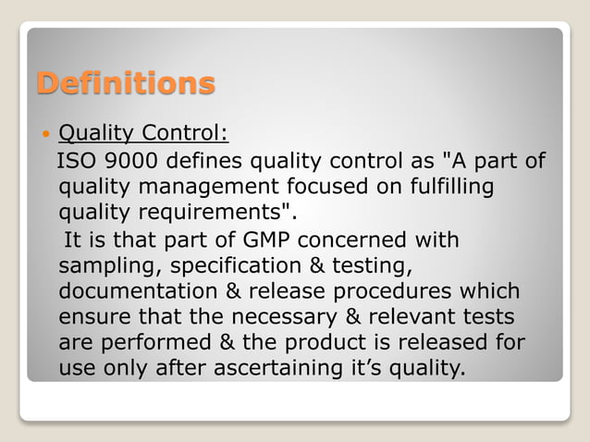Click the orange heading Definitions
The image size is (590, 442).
point(125,84)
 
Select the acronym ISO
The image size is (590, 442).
point(75,164)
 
